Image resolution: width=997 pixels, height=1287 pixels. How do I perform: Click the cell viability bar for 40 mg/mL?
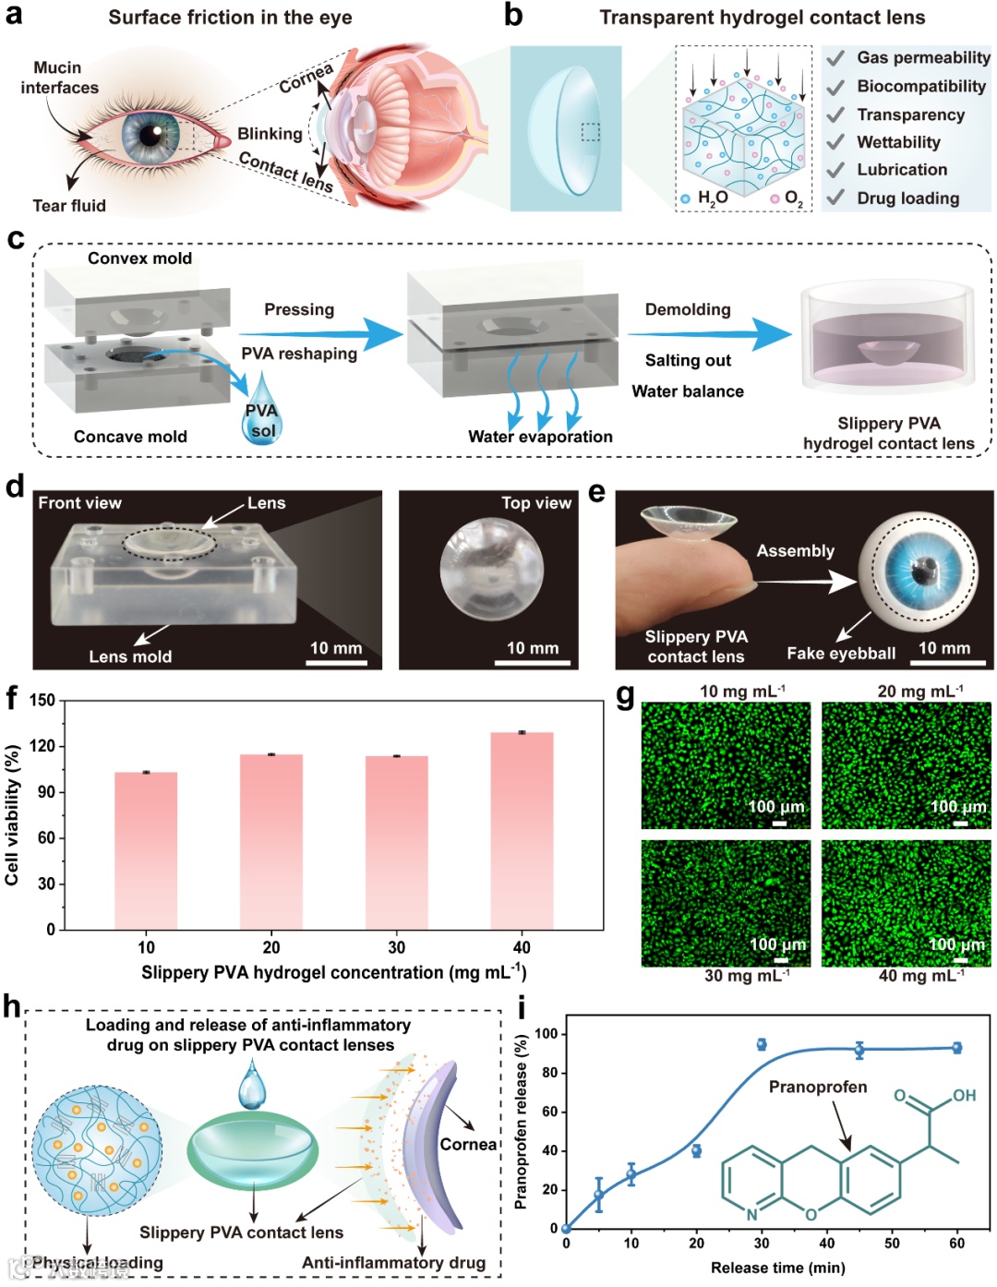coord(522,831)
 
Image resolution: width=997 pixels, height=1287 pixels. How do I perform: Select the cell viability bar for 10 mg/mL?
coord(146,850)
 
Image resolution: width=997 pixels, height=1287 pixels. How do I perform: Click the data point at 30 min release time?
coord(762,1044)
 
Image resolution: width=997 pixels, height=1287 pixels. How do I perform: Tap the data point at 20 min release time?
coord(696,1150)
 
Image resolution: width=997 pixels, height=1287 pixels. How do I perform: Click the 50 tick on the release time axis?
coord(892,1243)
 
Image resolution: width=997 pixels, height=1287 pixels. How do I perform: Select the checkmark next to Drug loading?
coord(835,198)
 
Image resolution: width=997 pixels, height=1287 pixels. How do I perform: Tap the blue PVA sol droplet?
coord(262,410)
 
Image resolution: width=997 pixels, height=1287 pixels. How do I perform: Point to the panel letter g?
coord(625,694)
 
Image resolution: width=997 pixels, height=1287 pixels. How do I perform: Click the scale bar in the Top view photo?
coord(533,661)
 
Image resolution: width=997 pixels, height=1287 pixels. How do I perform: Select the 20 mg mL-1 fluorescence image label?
coord(919,691)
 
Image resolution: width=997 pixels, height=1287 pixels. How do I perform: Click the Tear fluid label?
coord(69,206)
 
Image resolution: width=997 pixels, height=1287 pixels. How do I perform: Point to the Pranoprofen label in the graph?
coord(818,1087)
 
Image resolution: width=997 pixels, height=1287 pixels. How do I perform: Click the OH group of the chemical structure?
coord(964,1095)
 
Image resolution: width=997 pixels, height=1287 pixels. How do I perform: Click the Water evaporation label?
coord(540,437)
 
